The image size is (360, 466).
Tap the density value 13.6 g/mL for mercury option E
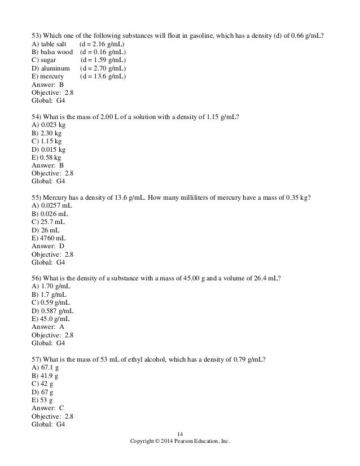106,77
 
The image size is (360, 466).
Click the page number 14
180,433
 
